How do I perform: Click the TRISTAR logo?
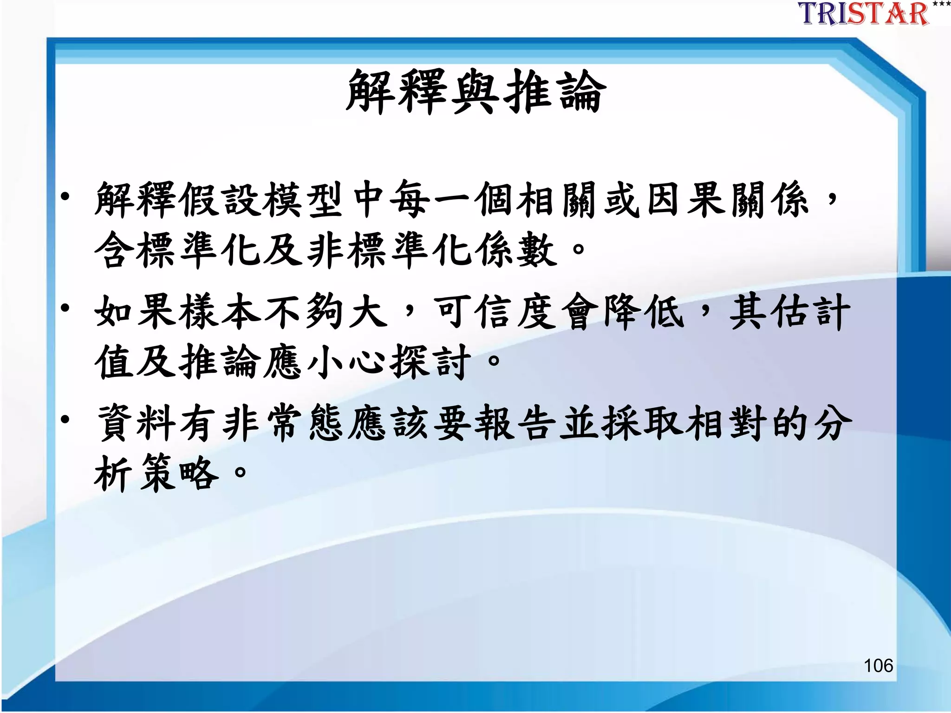click(x=864, y=14)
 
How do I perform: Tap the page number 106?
click(x=878, y=665)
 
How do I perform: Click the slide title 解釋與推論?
click(x=476, y=91)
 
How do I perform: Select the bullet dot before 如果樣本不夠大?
click(x=65, y=308)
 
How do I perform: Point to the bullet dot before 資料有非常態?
click(x=65, y=420)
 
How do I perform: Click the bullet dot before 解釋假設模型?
click(x=65, y=197)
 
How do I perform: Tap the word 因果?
click(x=686, y=200)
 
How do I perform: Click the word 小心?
click(x=347, y=362)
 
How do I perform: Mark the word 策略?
click(x=179, y=473)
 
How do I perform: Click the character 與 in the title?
click(x=475, y=91)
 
